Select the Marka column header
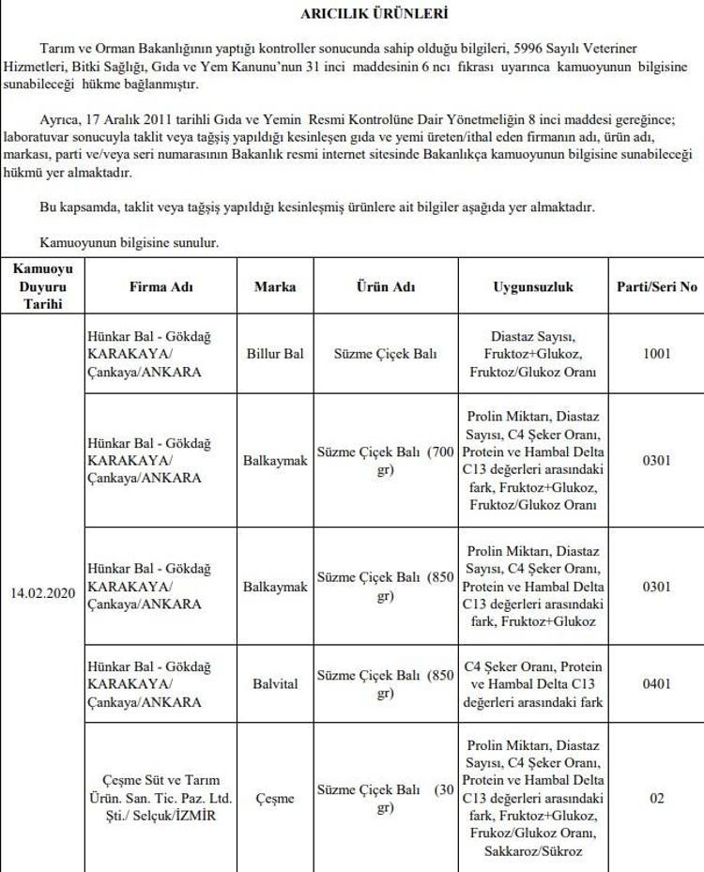275,287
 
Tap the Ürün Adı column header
385,287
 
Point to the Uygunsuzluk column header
532,287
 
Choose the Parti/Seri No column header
657,287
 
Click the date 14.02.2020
41,593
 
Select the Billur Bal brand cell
275,355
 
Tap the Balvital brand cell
275,683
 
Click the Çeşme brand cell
275,799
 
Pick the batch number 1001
657,355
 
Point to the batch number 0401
657,683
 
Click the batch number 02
657,799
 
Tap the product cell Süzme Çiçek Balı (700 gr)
385,462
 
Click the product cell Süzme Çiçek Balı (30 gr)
385,799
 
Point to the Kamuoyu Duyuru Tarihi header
41,287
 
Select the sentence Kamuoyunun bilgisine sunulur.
130,242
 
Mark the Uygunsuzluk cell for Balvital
532,683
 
